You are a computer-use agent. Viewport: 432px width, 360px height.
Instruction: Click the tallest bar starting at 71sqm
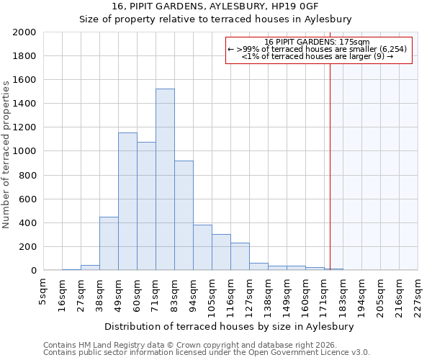165,180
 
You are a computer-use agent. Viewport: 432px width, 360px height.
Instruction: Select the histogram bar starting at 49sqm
127,202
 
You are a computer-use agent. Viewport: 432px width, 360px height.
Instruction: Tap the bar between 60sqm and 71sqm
146,206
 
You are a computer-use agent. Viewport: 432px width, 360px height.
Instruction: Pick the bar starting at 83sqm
184,216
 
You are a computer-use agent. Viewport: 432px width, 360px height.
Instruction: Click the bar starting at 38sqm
109,243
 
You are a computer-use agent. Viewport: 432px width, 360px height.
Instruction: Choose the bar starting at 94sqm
202,248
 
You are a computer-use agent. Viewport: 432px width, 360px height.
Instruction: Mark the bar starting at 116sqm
240,256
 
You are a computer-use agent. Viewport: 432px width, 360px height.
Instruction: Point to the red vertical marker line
330,158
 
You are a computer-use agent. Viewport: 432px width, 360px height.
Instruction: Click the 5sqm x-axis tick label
44,289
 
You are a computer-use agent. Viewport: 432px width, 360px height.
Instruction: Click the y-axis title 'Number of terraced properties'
6,155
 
